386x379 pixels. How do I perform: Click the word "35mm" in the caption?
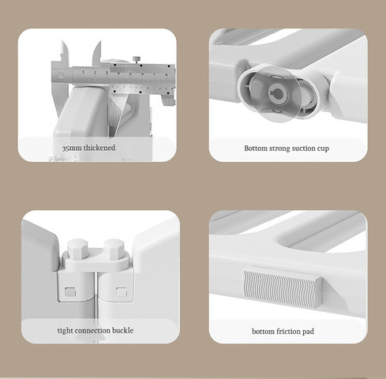[72, 148]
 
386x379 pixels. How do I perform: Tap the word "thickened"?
[99, 148]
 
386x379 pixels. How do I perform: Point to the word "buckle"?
[122, 330]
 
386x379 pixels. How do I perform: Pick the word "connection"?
[91, 331]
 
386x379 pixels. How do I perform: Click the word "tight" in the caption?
[64, 331]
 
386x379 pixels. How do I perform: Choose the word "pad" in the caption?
[308, 332]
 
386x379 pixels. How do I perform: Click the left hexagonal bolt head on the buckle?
[77, 248]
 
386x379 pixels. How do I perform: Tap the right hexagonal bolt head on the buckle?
[114, 248]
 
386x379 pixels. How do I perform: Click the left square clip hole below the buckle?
[70, 291]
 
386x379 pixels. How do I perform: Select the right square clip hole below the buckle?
[122, 292]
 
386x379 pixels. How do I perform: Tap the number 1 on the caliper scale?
[83, 72]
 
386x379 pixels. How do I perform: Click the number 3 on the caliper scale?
[107, 73]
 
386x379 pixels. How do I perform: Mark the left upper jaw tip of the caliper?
[62, 41]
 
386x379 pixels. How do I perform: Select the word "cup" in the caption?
[323, 149]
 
